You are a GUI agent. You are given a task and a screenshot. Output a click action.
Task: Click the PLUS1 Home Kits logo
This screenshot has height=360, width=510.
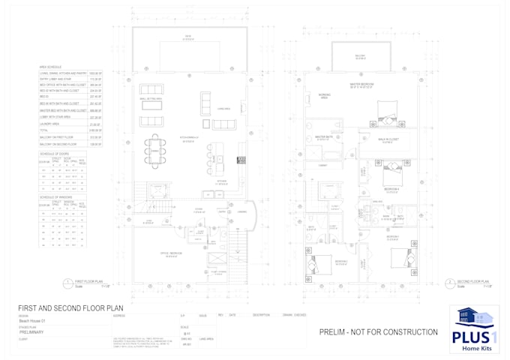473,328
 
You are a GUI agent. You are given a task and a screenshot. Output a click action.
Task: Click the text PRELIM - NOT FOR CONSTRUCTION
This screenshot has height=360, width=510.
378,331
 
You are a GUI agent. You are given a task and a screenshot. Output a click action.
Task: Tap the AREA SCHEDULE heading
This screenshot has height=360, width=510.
49,66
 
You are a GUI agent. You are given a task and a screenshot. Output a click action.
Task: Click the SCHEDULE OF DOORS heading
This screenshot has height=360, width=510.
55,152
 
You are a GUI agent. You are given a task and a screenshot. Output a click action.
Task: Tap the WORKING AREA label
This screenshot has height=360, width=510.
324,94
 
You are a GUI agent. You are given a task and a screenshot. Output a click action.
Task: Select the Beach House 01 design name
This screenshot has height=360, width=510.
33,321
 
